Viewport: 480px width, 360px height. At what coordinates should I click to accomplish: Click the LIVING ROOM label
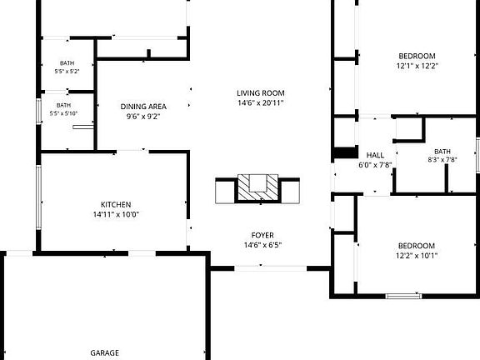(261, 93)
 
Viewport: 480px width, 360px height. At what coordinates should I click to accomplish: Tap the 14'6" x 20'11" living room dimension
(261, 102)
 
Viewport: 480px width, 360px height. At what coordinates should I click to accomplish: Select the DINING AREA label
(143, 107)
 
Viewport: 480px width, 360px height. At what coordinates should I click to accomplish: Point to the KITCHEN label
(116, 204)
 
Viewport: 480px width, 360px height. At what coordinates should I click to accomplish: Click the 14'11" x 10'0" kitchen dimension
(116, 214)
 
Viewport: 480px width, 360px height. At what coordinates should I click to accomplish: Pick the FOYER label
(262, 235)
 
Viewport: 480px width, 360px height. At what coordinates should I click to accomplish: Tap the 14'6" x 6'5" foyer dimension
(262, 245)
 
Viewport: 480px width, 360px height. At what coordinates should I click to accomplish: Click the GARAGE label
(105, 352)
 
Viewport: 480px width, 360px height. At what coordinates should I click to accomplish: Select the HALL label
(375, 155)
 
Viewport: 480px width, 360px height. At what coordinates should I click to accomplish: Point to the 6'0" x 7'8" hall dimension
(375, 165)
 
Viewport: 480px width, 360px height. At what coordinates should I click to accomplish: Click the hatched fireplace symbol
(257, 187)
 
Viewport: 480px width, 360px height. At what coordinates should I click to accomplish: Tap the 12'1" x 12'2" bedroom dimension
(417, 66)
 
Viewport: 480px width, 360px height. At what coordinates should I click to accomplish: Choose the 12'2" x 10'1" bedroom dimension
(417, 256)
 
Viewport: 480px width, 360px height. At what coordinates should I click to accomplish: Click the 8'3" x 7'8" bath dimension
(442, 159)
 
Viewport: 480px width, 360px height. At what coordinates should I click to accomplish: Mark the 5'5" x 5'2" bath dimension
(67, 72)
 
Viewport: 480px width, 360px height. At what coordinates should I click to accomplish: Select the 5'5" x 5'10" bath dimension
(63, 113)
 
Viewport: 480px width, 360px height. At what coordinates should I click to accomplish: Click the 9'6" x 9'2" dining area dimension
(143, 117)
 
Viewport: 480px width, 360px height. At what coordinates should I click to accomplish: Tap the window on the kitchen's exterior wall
(38, 197)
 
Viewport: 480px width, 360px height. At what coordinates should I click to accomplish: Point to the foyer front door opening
(271, 268)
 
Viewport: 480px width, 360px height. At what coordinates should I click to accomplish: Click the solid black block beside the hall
(346, 152)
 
